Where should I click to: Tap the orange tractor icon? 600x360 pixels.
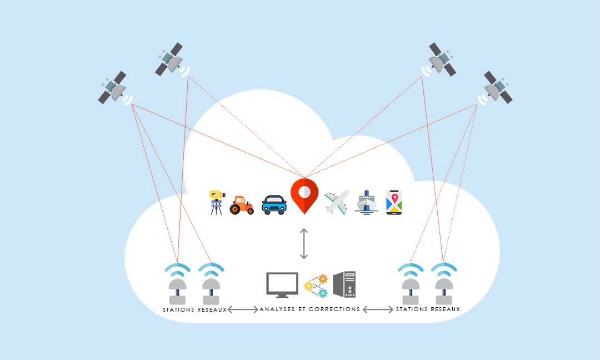click(x=242, y=206)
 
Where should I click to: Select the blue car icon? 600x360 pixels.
click(x=274, y=204)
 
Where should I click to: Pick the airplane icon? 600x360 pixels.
click(x=336, y=202)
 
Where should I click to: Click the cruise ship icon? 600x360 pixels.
click(x=366, y=202)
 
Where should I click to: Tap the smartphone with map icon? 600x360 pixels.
click(x=394, y=202)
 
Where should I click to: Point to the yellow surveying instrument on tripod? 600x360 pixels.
click(x=217, y=202)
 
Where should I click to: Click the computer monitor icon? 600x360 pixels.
click(x=282, y=285)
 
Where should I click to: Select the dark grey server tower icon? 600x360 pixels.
click(x=344, y=284)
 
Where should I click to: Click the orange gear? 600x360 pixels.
click(x=323, y=279)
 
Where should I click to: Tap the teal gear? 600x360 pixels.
click(x=323, y=293)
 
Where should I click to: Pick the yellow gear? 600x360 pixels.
click(x=308, y=286)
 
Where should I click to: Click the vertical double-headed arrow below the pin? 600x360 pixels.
click(x=304, y=244)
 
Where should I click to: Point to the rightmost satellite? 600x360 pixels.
click(x=497, y=88)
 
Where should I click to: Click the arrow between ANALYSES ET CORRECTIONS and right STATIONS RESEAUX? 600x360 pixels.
click(x=378, y=309)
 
